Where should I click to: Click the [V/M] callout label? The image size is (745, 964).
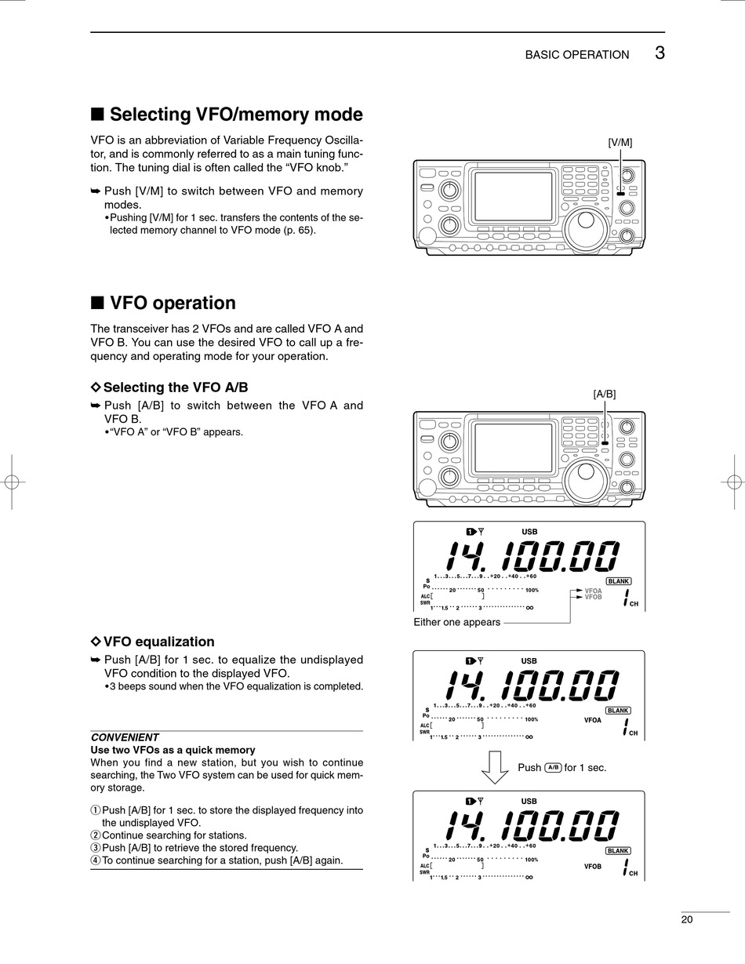(x=620, y=143)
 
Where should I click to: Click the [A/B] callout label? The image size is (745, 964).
(x=605, y=394)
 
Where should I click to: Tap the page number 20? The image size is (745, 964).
(x=686, y=919)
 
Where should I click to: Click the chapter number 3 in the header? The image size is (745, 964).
(x=660, y=53)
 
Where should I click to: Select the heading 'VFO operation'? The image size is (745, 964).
(x=173, y=303)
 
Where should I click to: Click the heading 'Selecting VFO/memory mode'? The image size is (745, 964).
(x=236, y=115)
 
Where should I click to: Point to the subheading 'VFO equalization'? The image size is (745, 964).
(x=158, y=642)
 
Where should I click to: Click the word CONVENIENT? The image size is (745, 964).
(x=125, y=737)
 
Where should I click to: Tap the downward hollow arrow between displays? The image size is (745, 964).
(x=495, y=767)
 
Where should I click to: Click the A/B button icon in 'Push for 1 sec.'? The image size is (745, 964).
(x=553, y=767)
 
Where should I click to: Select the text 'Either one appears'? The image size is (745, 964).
(x=456, y=622)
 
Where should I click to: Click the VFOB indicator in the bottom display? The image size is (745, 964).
(x=592, y=867)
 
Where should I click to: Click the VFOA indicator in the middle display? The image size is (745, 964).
(x=592, y=720)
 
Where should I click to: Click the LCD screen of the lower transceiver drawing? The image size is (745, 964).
(x=514, y=448)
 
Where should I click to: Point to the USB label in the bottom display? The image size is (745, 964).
(x=529, y=801)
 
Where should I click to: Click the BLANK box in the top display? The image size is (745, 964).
(x=619, y=581)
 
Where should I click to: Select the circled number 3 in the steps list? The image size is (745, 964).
(x=96, y=848)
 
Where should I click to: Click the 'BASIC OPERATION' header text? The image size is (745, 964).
(x=577, y=55)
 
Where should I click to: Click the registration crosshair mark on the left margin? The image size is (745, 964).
(x=12, y=482)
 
